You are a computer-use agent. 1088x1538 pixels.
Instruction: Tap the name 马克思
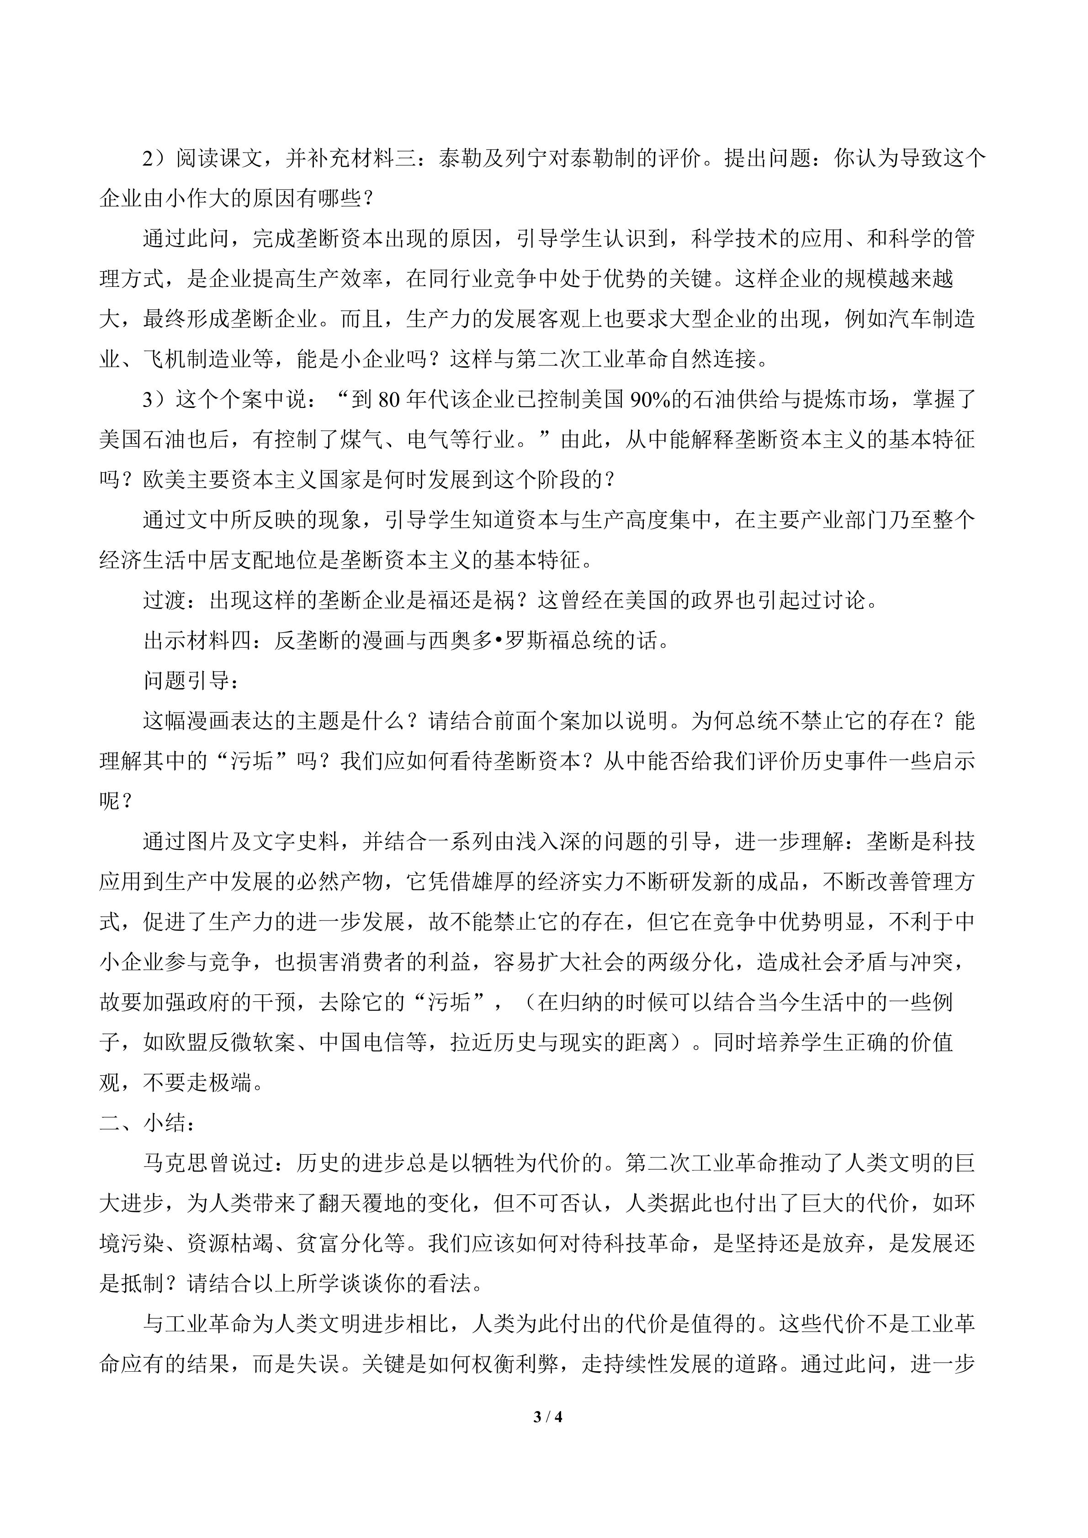click(175, 1163)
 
